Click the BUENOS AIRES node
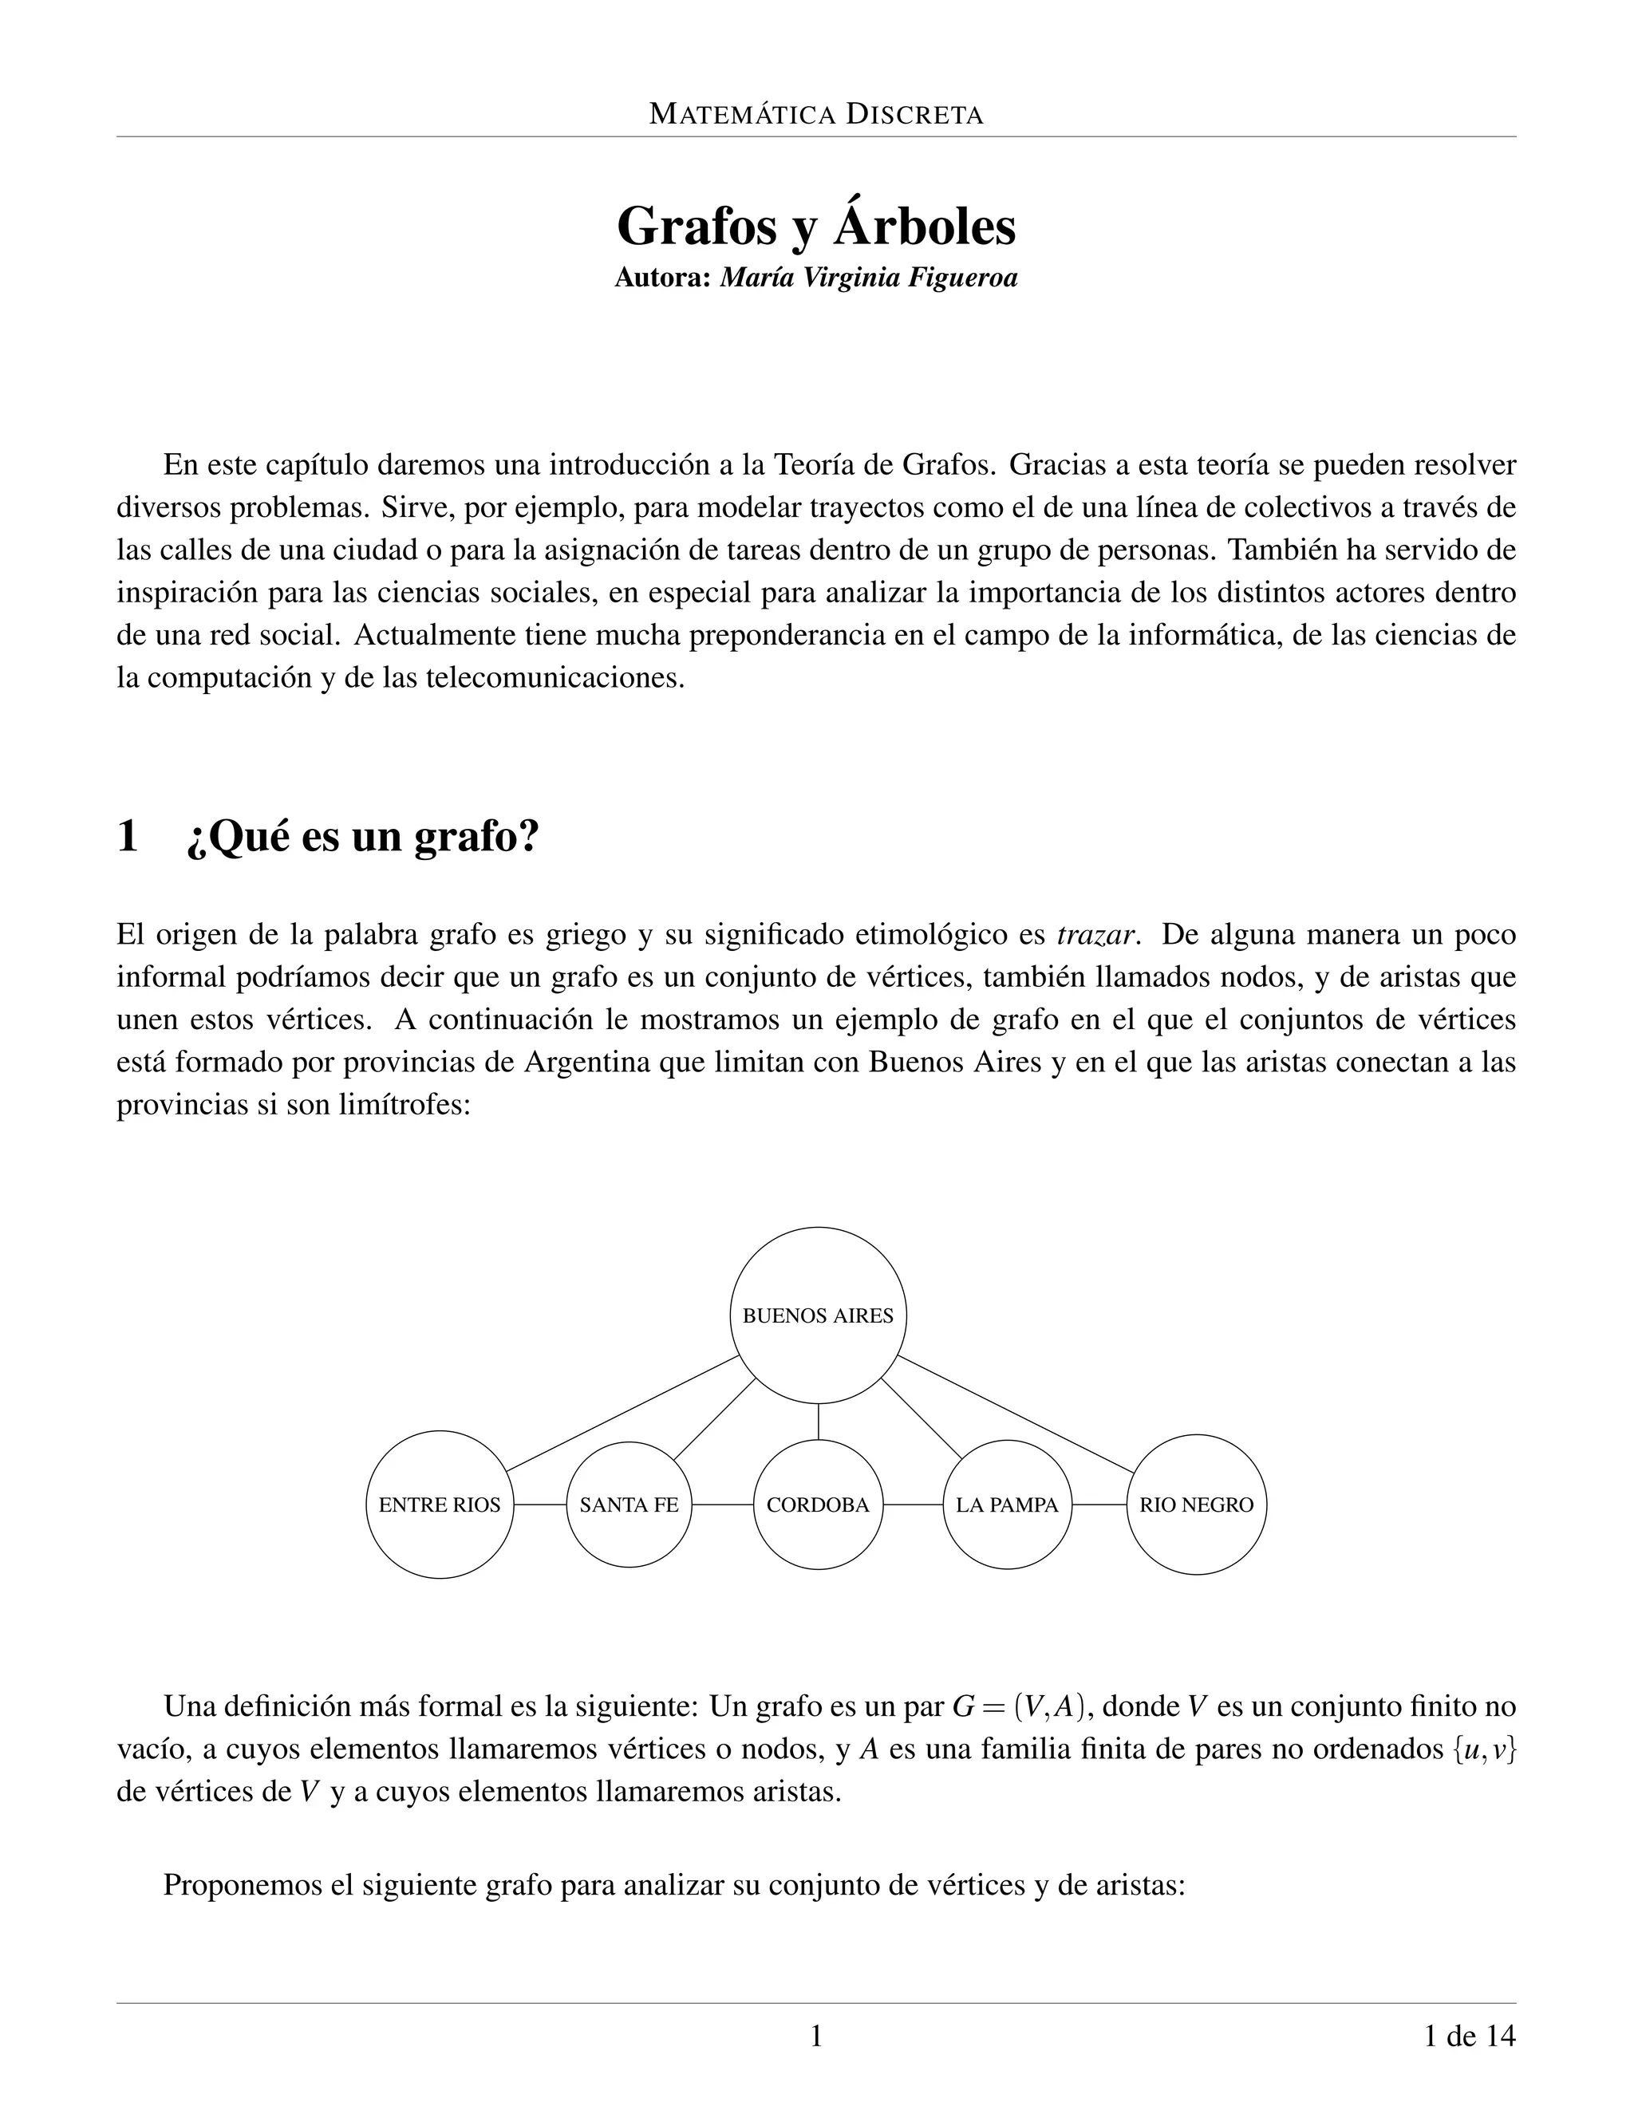[x=818, y=1315]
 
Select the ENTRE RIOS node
[x=440, y=1505]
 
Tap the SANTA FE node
[x=630, y=1505]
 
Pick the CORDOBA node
[x=818, y=1505]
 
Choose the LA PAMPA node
[x=1007, y=1505]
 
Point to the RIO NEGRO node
[x=1197, y=1505]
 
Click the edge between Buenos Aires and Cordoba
[x=818, y=1421]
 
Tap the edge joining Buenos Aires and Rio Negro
[x=1015, y=1414]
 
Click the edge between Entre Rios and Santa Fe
[x=540, y=1505]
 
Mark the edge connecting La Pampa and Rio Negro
[x=1099, y=1505]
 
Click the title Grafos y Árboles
[x=816, y=227]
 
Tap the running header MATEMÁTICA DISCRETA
[x=816, y=115]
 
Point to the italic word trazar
[x=1095, y=935]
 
